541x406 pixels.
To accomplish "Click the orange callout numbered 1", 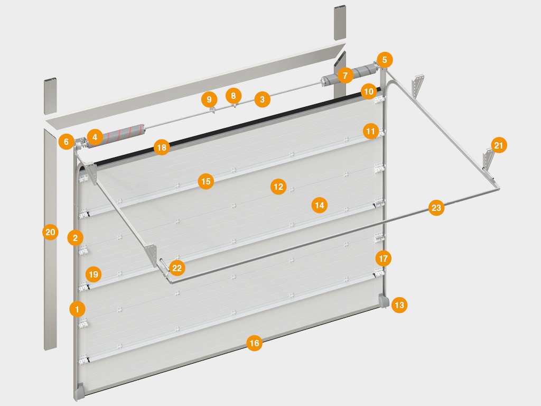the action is click(x=77, y=309).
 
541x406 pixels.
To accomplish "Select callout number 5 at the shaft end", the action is click(x=385, y=60).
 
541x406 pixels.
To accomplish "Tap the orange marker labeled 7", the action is click(x=346, y=75).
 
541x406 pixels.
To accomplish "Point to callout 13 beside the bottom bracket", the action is click(x=399, y=305).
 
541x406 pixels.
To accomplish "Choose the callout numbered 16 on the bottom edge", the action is click(x=254, y=343).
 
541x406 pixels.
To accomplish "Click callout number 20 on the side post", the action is click(x=50, y=232).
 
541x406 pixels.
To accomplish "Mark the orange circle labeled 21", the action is click(x=499, y=145).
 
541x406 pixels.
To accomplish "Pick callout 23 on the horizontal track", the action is click(x=436, y=208).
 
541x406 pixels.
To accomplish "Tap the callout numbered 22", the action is click(x=177, y=268).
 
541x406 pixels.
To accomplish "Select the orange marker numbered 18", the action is click(x=162, y=147).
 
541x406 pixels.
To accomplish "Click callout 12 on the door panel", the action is click(x=278, y=187).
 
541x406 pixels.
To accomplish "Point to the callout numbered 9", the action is click(x=209, y=99).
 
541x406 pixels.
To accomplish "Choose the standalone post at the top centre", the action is click(x=340, y=22).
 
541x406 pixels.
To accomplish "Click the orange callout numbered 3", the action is click(x=262, y=99).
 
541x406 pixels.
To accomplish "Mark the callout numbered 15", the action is click(x=206, y=181).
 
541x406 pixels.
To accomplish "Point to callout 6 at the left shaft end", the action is click(x=66, y=142).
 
